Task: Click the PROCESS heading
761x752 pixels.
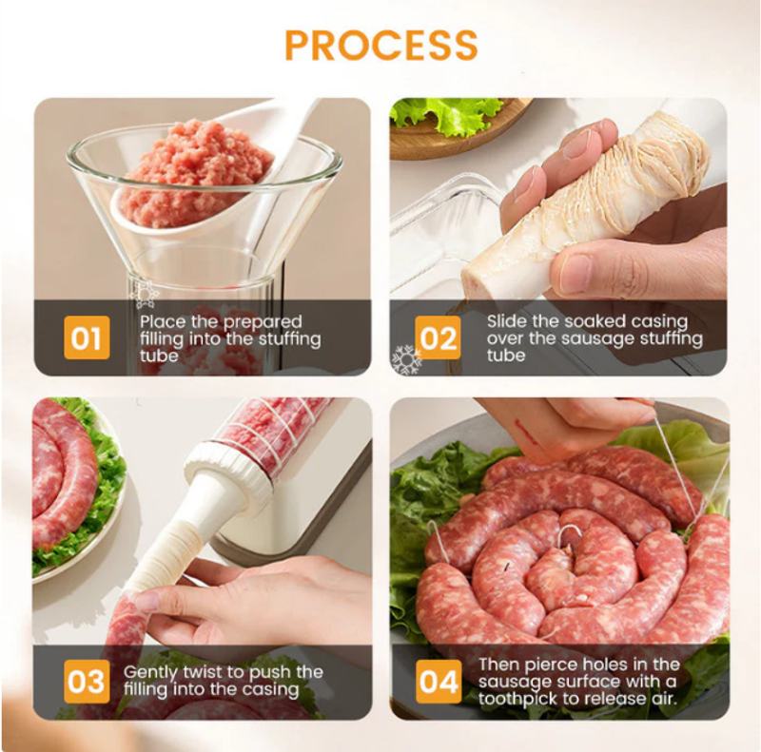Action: pyautogui.click(x=381, y=45)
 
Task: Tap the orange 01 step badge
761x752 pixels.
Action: pyautogui.click(x=87, y=337)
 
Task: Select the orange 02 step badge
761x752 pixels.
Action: pyautogui.click(x=438, y=337)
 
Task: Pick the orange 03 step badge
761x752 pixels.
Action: pyautogui.click(x=87, y=681)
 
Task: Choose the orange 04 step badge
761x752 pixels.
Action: pyautogui.click(x=439, y=681)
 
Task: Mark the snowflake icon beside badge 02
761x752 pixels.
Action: pyautogui.click(x=406, y=359)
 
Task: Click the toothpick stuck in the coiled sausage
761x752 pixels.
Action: pyautogui.click(x=507, y=566)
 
